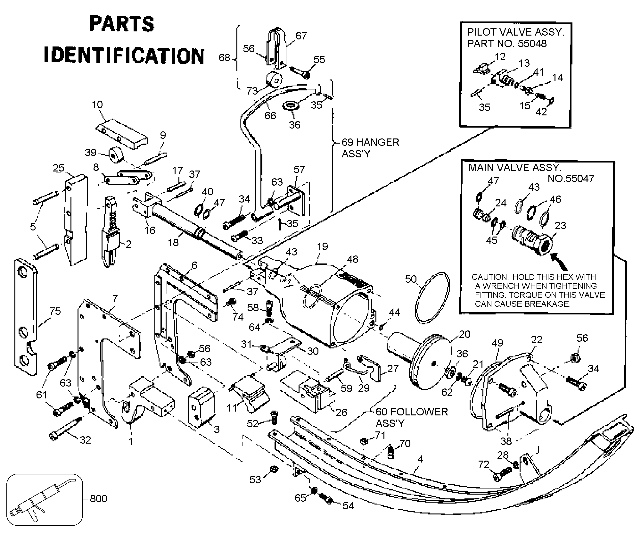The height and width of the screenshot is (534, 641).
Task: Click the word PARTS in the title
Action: tap(122, 24)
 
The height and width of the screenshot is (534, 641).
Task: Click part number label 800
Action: tap(98, 499)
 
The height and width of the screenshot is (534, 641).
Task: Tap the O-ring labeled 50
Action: tap(432, 298)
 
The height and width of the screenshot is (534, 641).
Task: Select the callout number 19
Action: tap(322, 246)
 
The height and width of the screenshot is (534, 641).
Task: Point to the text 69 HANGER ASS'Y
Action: tap(370, 148)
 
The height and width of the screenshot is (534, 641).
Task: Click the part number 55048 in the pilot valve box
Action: tap(532, 44)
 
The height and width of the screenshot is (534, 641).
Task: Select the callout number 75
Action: tap(55, 311)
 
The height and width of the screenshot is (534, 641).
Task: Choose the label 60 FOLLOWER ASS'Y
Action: tap(411, 418)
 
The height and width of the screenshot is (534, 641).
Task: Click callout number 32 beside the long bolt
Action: tap(85, 440)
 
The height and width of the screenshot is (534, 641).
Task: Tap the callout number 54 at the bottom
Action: tap(348, 506)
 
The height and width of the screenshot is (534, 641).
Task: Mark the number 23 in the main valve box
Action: tap(560, 226)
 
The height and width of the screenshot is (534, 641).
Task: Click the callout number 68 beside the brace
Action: tap(224, 58)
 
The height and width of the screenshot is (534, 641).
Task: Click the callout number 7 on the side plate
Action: tap(115, 299)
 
